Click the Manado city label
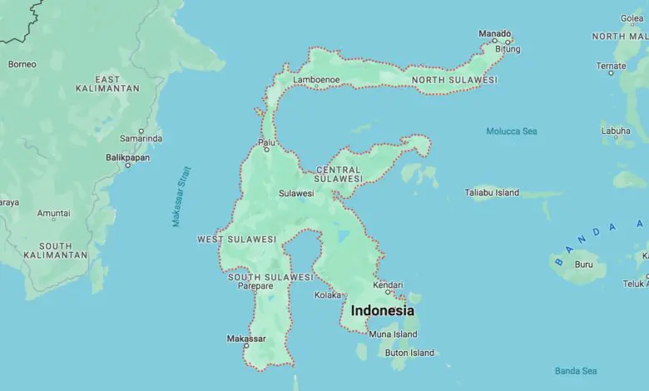[494, 33]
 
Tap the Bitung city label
[507, 49]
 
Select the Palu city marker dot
[267, 150]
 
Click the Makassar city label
[246, 339]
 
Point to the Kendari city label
[387, 285]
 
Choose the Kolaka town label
[328, 294]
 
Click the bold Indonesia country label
[382, 310]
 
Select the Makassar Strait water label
[181, 196]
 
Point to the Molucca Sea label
[512, 131]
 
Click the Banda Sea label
[576, 371]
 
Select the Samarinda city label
[141, 138]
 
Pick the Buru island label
[584, 265]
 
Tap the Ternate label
[611, 66]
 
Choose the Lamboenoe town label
[316, 80]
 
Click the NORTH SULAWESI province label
[454, 80]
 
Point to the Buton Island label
[409, 353]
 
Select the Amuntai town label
[53, 213]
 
